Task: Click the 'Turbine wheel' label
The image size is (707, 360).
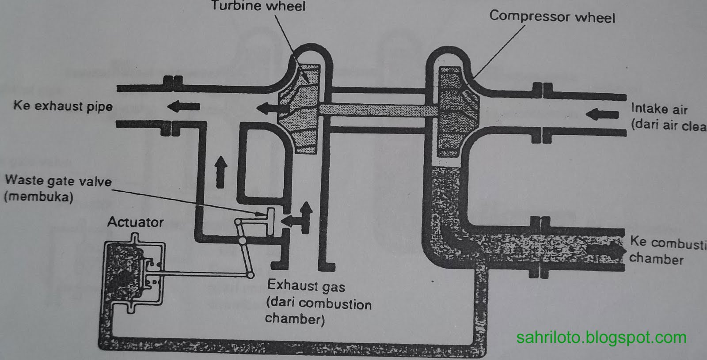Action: click(x=258, y=6)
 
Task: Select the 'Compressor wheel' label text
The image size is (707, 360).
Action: click(x=552, y=17)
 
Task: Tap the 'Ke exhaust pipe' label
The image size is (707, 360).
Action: click(x=63, y=106)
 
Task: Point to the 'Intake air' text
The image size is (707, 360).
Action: click(x=659, y=109)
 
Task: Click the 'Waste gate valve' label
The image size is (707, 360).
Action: click(x=58, y=181)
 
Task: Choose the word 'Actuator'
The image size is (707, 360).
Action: click(x=135, y=222)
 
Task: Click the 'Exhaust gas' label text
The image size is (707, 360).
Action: click(x=306, y=286)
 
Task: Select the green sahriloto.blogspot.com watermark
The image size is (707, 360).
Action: click(x=601, y=338)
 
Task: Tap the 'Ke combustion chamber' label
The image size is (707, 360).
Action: click(x=667, y=250)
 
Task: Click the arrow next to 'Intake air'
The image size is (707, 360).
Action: click(x=602, y=114)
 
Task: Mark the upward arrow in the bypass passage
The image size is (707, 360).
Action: click(x=220, y=171)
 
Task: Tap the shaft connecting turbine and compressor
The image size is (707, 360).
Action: click(x=378, y=110)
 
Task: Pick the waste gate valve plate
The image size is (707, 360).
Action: click(x=270, y=220)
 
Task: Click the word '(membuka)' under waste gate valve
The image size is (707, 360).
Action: click(x=38, y=197)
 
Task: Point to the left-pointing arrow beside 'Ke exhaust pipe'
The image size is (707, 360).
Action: click(x=183, y=106)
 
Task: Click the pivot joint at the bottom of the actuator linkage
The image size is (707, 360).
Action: click(x=250, y=275)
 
